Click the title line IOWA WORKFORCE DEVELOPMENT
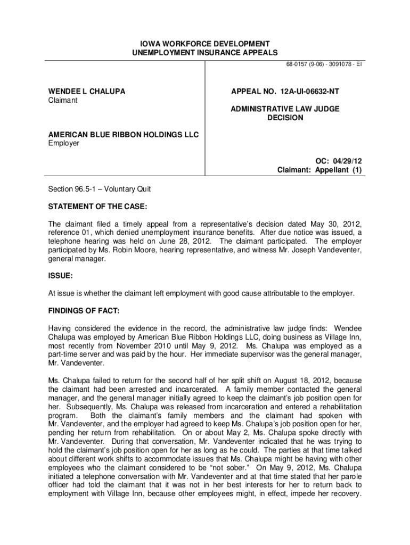coord(205,43)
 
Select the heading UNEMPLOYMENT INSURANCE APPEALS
coord(205,52)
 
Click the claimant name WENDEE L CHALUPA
coord(84,92)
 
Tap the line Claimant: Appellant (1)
coord(319,170)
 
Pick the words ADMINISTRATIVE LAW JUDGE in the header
coord(285,109)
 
